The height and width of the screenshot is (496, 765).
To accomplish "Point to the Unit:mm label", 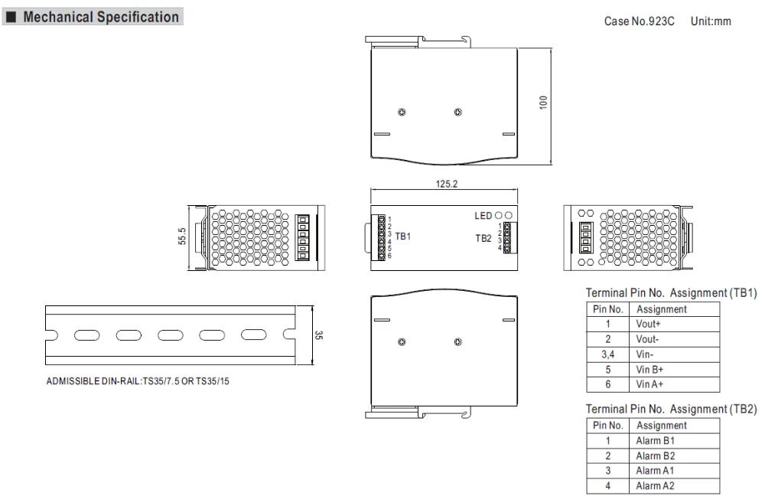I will pyautogui.click(x=710, y=21).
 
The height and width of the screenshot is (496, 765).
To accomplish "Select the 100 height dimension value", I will pyautogui.click(x=542, y=103).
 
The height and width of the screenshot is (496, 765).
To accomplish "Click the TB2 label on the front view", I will pyautogui.click(x=483, y=238).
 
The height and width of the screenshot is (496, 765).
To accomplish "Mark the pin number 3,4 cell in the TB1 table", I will pyautogui.click(x=609, y=353).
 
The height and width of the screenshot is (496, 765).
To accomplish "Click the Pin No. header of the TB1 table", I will pyautogui.click(x=609, y=310).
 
